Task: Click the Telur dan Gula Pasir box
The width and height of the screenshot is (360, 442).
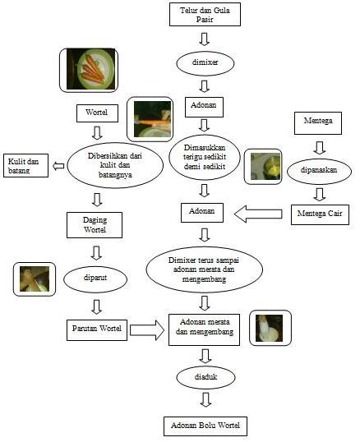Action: tap(205, 14)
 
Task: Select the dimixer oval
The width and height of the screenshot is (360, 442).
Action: tap(205, 63)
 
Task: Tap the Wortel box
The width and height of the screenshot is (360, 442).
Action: tap(97, 113)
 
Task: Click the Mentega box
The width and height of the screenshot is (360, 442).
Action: tap(318, 123)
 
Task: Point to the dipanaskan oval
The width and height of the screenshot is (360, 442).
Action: tap(319, 171)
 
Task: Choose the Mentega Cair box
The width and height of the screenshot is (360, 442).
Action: tap(320, 214)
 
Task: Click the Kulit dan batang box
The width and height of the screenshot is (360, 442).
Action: tap(25, 165)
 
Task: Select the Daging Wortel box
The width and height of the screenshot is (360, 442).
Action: tap(95, 225)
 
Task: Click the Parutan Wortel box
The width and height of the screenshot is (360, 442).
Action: tap(97, 329)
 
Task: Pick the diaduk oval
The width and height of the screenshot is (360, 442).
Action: tap(205, 377)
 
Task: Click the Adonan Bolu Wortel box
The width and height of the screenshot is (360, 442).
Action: tap(205, 426)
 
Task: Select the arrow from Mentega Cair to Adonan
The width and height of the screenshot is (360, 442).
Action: tap(258, 214)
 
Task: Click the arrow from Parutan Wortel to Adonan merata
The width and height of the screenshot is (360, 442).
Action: tap(147, 330)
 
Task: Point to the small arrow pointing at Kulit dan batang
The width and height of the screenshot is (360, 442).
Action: tap(58, 166)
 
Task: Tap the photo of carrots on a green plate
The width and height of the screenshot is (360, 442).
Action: tap(89, 70)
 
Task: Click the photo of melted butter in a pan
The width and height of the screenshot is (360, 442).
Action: tap(263, 167)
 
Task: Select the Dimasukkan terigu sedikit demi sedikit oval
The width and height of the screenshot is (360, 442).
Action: tap(205, 157)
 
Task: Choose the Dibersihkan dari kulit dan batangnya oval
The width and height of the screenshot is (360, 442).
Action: tap(115, 165)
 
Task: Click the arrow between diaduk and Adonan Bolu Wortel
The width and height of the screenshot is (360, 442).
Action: tap(205, 400)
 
